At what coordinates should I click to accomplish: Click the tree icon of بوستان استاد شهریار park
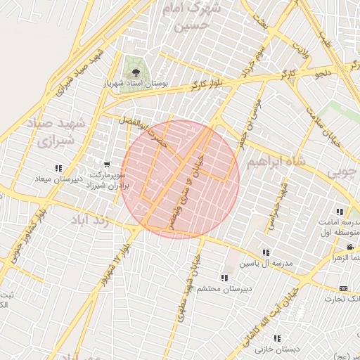point(136,72)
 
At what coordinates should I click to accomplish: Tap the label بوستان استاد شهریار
point(136,84)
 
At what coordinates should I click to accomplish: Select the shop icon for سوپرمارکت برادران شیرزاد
point(106,165)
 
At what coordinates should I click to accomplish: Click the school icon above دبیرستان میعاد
point(58,168)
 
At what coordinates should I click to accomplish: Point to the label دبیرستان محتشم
point(220,288)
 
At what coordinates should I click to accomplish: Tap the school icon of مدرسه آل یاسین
point(265,252)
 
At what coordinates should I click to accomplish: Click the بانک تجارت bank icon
point(343,288)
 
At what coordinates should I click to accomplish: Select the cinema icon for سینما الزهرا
point(350,247)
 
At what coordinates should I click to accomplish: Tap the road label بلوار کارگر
point(205,84)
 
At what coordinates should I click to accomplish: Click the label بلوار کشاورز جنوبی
point(27,233)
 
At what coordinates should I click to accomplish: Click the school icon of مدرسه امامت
point(340,212)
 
